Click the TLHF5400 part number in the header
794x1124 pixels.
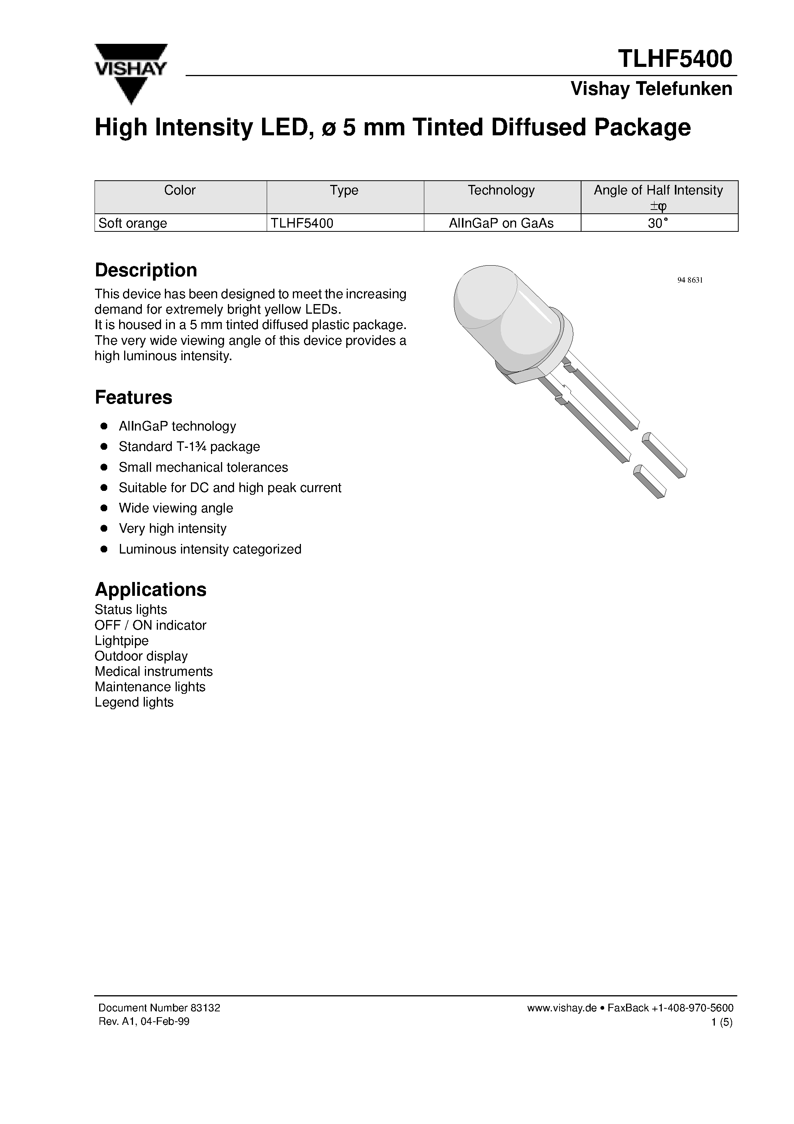click(x=674, y=59)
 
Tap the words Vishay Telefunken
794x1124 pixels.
click(x=651, y=89)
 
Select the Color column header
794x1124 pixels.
click(x=179, y=190)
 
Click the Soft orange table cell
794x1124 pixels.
click(x=133, y=223)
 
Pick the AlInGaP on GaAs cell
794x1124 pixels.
click(x=501, y=223)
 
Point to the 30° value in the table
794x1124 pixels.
click(x=658, y=223)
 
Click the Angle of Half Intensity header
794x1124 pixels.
click(x=658, y=190)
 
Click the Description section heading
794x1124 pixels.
click(x=146, y=270)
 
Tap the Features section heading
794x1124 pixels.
click(x=133, y=397)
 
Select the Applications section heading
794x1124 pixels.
click(x=150, y=589)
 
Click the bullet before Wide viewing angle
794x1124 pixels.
click(x=104, y=508)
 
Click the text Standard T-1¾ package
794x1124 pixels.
click(x=189, y=446)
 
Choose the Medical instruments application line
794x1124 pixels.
click(x=153, y=671)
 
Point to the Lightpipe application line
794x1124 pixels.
click(x=121, y=640)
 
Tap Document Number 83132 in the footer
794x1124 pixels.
click(x=159, y=1008)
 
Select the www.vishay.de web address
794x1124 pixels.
click(x=561, y=1008)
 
